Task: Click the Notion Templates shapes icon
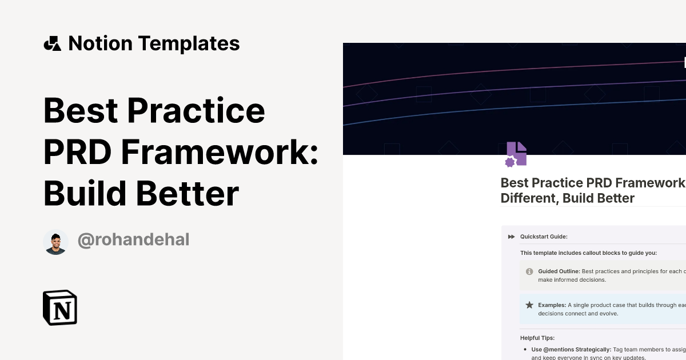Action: [x=52, y=43]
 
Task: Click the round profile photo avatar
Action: [x=55, y=242]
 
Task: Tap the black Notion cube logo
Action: [x=60, y=307]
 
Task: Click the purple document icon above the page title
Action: [x=516, y=154]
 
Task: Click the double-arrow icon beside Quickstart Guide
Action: [x=511, y=237]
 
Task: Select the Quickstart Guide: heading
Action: [x=544, y=237]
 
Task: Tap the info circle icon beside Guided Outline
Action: [x=529, y=271]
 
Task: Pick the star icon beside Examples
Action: [x=529, y=305]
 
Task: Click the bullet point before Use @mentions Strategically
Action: [x=525, y=349]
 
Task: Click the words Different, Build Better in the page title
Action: [x=568, y=198]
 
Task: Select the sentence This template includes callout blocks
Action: [x=588, y=253]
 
